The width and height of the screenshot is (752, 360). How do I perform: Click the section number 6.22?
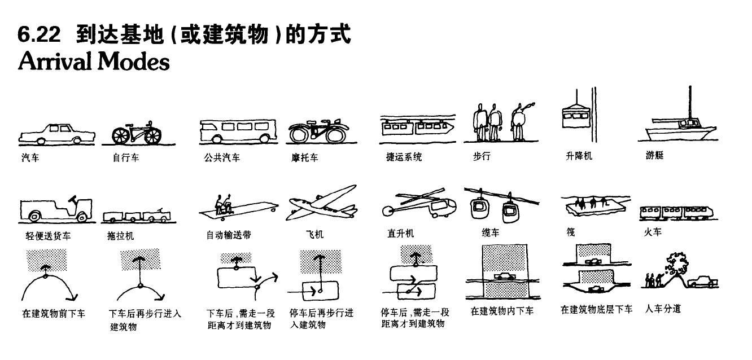(x=39, y=35)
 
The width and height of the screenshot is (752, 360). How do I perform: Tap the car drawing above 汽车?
(x=56, y=134)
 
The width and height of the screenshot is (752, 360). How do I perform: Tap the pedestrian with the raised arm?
(x=519, y=121)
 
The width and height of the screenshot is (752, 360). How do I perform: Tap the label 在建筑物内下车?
(x=502, y=311)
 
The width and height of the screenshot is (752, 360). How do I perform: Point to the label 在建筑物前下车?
(x=54, y=313)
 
